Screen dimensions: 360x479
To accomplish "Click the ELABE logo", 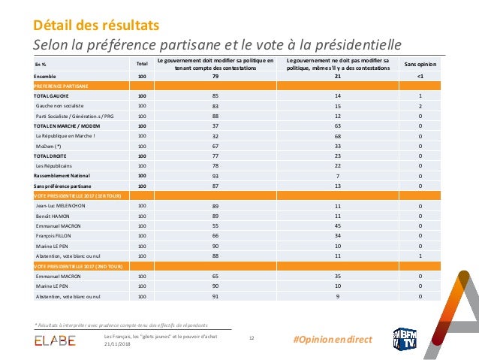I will pyautogui.click(x=55, y=341).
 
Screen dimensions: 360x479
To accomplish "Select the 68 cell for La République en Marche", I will pyautogui.click(x=338, y=136).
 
